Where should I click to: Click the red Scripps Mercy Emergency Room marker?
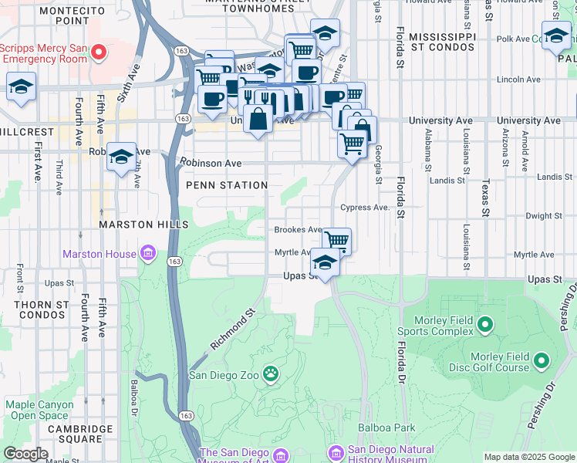[x=99, y=52]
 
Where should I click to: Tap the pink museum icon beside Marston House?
[x=148, y=253]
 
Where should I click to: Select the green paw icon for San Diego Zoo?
[x=271, y=376]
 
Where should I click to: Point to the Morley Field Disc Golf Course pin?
[x=542, y=360]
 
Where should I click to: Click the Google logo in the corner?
[x=25, y=454]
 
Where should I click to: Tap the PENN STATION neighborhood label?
[x=227, y=185]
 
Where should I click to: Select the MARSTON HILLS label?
[x=143, y=224]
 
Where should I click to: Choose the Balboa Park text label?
[x=386, y=428]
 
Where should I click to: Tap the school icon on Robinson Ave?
[x=121, y=157]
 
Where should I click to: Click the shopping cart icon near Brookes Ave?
[x=336, y=241]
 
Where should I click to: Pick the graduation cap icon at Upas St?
[x=326, y=264]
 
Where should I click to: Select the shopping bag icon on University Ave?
[x=259, y=120]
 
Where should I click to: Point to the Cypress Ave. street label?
[x=365, y=208]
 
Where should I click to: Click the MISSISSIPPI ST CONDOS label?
[x=442, y=42]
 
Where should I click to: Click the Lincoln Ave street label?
[x=518, y=79]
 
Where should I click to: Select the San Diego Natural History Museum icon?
[x=336, y=451]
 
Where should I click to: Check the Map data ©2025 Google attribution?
[x=528, y=457]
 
